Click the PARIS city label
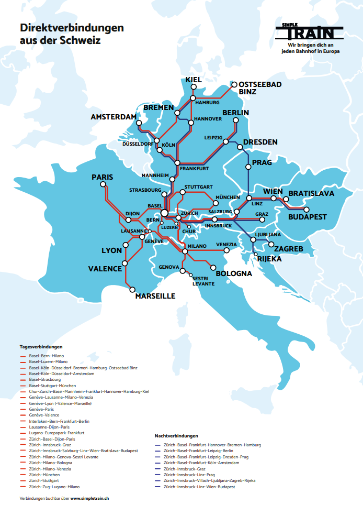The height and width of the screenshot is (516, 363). [x=102, y=177]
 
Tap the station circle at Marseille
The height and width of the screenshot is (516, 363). [x=132, y=289]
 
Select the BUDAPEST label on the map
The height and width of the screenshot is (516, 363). [x=307, y=217]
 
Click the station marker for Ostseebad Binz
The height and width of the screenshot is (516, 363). [x=235, y=84]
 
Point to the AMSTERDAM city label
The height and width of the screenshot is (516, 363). [x=113, y=116]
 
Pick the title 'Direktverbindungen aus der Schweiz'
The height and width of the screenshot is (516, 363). [x=72, y=34]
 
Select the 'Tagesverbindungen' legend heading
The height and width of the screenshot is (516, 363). [x=41, y=347]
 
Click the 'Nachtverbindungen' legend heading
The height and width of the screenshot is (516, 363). [x=176, y=436]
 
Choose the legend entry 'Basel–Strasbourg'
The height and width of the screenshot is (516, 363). [x=45, y=380]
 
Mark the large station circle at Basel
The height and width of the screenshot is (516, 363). [x=164, y=213]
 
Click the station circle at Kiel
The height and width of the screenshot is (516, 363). [x=193, y=98]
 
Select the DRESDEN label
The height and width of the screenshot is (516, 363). [x=260, y=142]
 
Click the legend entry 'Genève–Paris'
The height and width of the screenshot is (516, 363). [x=42, y=410]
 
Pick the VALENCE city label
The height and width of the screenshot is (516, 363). [x=104, y=269]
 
